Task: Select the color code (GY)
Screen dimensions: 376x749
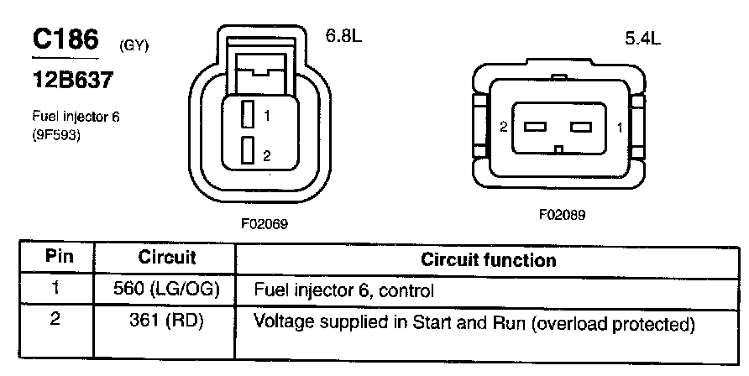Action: tap(134, 45)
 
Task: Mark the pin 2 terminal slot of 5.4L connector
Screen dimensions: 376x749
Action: tap(535, 128)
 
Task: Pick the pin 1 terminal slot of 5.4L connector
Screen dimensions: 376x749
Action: tap(581, 128)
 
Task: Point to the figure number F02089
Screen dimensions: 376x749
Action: tap(562, 215)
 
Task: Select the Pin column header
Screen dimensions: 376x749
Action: tap(58, 258)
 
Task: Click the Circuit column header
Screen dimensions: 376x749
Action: tap(166, 258)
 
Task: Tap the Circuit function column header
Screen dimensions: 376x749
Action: tap(488, 259)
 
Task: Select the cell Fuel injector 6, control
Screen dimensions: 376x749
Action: tap(343, 291)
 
